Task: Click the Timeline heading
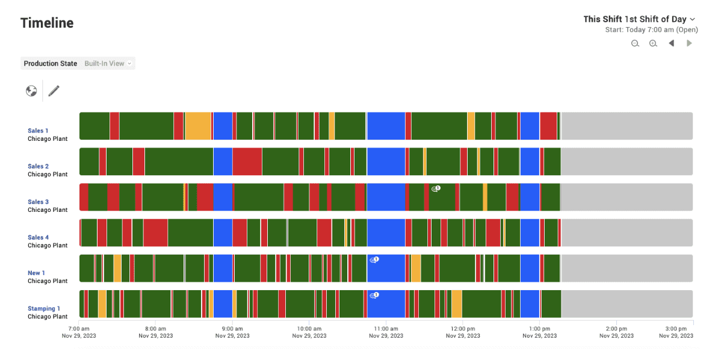pos(47,23)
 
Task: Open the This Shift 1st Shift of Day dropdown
pos(639,19)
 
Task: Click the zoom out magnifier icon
pos(635,43)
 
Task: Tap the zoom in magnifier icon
pos(653,43)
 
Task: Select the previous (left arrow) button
pos(671,43)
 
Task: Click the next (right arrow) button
pos(689,43)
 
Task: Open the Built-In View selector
pos(108,63)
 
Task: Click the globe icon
pos(31,91)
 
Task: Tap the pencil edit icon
pos(54,91)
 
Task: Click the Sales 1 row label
pos(38,131)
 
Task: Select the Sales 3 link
pos(39,202)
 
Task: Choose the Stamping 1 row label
pos(44,308)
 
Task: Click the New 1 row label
pos(36,273)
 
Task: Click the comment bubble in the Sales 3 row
pos(436,188)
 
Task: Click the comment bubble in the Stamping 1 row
pos(374,295)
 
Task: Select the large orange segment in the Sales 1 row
pos(198,126)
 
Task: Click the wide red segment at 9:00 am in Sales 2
pos(247,161)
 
